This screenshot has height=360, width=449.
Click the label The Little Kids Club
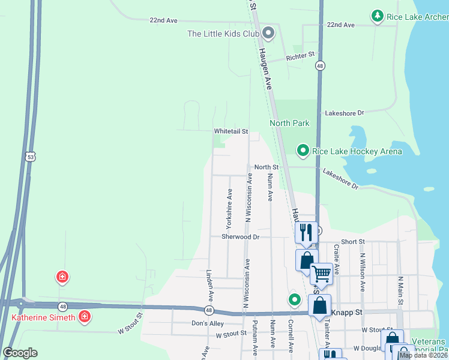click(223, 34)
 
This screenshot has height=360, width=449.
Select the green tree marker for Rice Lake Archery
click(377, 16)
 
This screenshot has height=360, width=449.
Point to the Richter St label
click(301, 55)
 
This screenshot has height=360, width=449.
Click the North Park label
click(289, 123)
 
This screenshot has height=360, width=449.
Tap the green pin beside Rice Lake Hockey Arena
click(303, 151)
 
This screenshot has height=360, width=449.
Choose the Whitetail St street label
click(231, 131)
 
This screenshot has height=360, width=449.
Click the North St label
click(266, 167)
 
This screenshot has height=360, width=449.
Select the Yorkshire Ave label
click(229, 208)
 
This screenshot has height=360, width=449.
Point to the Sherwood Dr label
click(240, 237)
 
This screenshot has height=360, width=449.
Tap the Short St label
click(353, 241)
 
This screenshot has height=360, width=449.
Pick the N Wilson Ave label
click(363, 271)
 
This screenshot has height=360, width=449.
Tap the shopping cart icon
click(322, 274)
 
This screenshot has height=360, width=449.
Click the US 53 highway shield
click(30, 157)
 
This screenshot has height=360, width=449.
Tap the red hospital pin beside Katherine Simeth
click(85, 316)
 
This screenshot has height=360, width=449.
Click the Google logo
click(20, 353)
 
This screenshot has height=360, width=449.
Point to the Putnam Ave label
click(255, 338)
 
